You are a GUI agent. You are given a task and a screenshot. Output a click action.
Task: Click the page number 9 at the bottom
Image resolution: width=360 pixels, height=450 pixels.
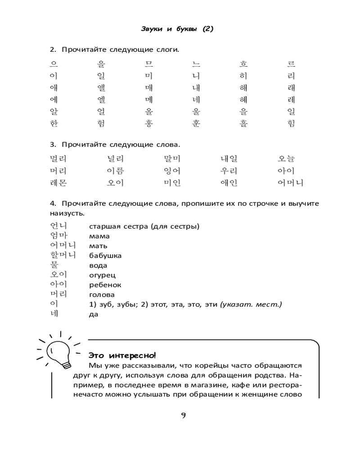183,415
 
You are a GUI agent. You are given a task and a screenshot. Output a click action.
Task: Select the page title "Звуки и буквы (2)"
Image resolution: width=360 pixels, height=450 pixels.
177,29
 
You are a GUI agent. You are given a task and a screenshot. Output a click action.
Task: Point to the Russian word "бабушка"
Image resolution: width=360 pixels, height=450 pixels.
105,256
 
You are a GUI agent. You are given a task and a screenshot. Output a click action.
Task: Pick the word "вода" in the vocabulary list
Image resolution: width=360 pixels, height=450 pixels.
98,265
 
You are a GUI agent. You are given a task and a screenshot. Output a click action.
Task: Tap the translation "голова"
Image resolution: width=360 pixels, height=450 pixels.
102,295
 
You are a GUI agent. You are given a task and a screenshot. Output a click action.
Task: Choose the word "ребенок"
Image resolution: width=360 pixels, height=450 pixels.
105,285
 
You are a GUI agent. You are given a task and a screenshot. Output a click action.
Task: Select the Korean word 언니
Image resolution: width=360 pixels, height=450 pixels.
58,225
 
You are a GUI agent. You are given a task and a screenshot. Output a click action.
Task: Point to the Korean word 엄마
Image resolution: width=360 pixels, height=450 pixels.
58,235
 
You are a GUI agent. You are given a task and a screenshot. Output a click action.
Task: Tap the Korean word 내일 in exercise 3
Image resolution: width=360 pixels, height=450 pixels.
229,159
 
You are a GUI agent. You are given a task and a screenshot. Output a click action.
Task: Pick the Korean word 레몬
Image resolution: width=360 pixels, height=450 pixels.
58,183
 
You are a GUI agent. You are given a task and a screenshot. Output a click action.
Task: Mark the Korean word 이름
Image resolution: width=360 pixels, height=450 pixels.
115,171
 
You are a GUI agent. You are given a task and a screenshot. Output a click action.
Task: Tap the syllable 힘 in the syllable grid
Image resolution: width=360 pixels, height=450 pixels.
291,123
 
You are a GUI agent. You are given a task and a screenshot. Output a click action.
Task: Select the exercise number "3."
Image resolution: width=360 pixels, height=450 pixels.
53,145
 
